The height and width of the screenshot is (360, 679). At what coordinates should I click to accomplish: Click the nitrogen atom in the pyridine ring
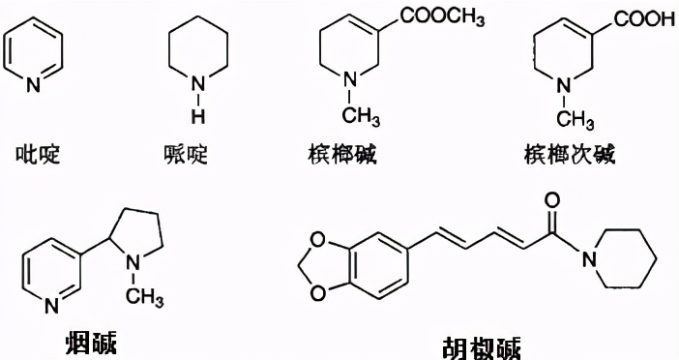point(34,86)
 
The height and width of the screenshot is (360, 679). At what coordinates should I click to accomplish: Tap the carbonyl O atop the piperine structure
point(553,200)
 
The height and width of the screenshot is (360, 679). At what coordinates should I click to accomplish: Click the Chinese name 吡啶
point(39,154)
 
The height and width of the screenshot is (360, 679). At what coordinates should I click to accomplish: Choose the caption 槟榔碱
point(340,154)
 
